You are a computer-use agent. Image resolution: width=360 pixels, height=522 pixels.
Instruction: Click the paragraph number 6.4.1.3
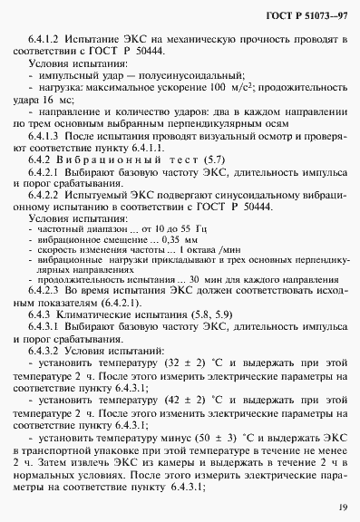(46, 150)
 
